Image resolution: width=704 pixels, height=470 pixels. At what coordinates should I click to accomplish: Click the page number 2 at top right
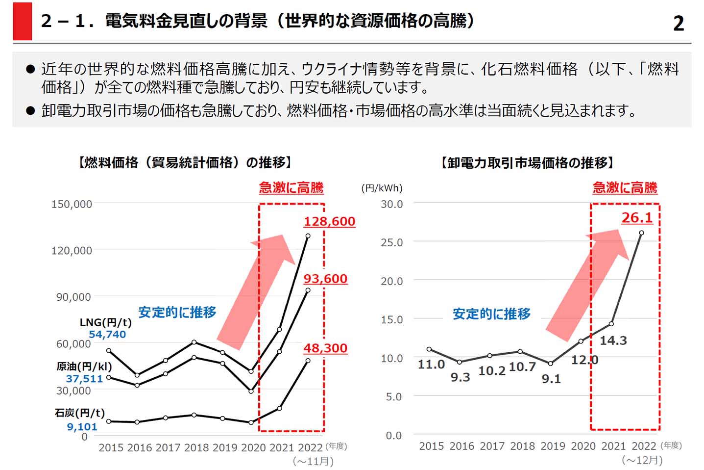pyautogui.click(x=679, y=23)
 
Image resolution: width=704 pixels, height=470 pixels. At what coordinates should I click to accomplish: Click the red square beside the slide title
pyautogui.click(x=23, y=22)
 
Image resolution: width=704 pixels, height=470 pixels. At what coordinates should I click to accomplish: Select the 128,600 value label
pyautogui.click(x=329, y=221)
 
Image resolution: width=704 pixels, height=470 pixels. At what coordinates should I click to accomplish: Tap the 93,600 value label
pyautogui.click(x=325, y=279)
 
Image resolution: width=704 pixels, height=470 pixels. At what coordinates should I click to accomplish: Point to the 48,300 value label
pyautogui.click(x=325, y=348)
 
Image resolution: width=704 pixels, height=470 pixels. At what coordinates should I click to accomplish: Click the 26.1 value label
pyautogui.click(x=637, y=217)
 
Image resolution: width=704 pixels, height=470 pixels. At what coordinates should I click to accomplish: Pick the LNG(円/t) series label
pyautogui.click(x=105, y=322)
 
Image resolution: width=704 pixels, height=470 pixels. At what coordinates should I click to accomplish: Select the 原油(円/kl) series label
pyautogui.click(x=84, y=366)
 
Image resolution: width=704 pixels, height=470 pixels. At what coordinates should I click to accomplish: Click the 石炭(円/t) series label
pyautogui.click(x=80, y=413)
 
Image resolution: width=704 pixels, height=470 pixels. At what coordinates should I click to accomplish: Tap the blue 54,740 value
pyautogui.click(x=107, y=335)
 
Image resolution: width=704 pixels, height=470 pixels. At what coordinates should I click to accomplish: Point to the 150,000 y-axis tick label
pyautogui.click(x=72, y=204)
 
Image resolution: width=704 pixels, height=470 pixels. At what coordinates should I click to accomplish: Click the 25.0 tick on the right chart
pyautogui.click(x=392, y=242)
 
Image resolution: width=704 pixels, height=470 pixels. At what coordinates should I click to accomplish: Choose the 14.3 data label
pyautogui.click(x=613, y=340)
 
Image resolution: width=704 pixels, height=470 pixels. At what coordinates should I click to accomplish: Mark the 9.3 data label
pyautogui.click(x=460, y=377)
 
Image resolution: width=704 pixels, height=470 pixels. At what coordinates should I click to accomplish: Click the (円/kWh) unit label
pyautogui.click(x=382, y=188)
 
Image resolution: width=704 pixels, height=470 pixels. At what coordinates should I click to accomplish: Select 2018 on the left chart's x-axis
pyautogui.click(x=196, y=447)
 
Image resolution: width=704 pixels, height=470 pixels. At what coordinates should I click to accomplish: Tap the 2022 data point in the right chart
pyautogui.click(x=641, y=233)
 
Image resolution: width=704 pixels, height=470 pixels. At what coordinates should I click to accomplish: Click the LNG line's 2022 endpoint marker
pyautogui.click(x=308, y=236)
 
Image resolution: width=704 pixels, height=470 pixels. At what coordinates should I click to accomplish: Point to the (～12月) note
pyautogui.click(x=642, y=460)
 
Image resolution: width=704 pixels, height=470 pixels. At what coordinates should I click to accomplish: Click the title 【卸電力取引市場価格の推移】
pyautogui.click(x=527, y=162)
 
